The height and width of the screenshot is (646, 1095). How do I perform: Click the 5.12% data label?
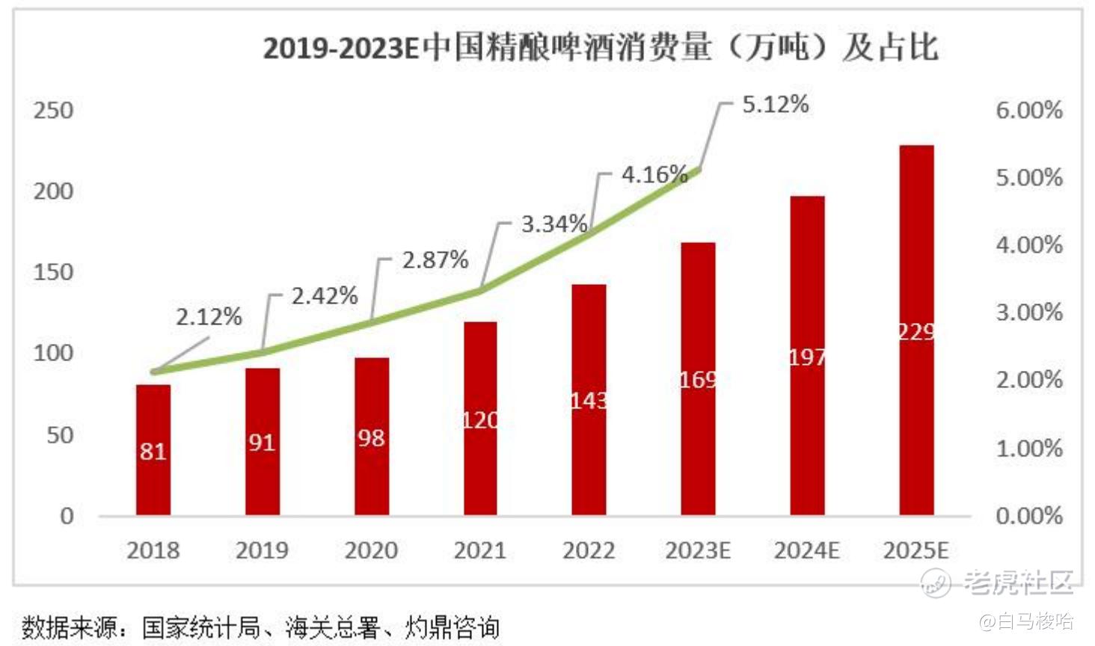775,105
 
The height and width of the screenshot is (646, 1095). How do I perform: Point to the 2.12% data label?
209,317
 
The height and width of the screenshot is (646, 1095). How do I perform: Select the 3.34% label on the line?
554,224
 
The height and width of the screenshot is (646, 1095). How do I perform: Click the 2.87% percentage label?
435,260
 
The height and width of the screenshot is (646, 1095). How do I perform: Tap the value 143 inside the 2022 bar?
589,402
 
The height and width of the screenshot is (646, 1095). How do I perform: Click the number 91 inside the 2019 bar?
262,443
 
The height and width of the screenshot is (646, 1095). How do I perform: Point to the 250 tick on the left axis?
53,111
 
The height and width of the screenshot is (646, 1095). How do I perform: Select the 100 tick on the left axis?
53,353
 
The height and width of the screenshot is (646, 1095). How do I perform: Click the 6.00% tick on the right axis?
1028,111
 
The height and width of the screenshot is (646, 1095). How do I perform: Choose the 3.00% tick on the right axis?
1028,313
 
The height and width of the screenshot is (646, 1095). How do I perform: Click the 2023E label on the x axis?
697,551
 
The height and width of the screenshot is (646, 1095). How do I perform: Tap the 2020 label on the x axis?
371,551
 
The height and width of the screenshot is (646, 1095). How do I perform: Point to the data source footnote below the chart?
260,627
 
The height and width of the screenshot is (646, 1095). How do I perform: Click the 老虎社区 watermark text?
1019,582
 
